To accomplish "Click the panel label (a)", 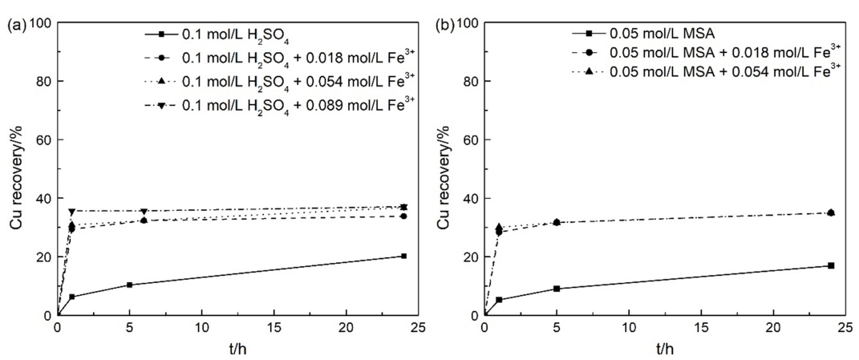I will click(x=14, y=24).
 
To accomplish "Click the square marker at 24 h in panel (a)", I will click(x=403, y=256).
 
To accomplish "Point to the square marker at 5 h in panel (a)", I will click(x=129, y=285).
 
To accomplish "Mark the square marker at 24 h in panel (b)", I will click(x=831, y=265).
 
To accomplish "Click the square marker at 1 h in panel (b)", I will click(x=499, y=300).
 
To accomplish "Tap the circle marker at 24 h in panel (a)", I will click(x=403, y=216).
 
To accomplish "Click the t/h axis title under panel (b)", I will click(x=666, y=349).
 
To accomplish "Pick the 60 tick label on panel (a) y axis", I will click(x=43, y=140).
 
